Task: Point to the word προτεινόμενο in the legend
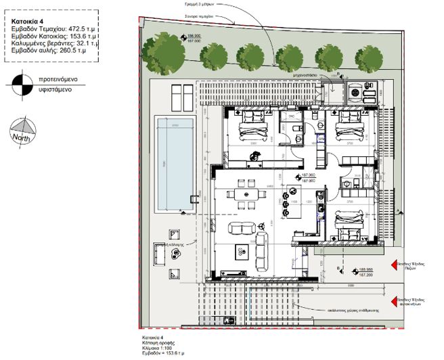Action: pos(57,79)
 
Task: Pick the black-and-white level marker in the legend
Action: pos(21,84)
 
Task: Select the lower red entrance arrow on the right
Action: pos(399,298)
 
